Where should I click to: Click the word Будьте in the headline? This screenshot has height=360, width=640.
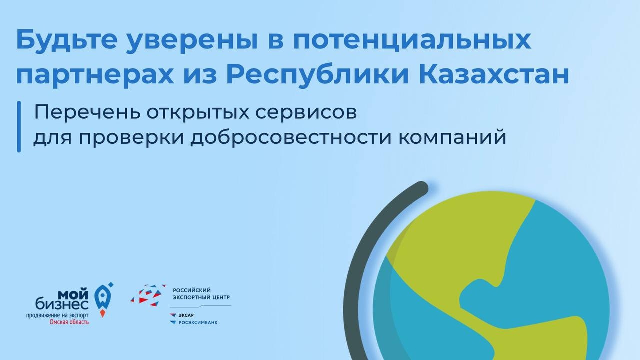tap(67, 39)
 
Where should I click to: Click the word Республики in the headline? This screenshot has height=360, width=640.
tap(317, 75)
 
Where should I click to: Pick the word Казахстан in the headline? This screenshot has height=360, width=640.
tap(494, 74)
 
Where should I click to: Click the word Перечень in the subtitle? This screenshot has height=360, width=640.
tap(87, 113)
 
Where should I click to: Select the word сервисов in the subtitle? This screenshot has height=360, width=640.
tap(306, 113)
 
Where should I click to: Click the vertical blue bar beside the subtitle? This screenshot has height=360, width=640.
tap(19, 127)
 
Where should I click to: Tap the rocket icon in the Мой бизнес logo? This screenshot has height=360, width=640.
tap(103, 300)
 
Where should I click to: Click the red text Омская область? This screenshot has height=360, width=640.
tap(69, 322)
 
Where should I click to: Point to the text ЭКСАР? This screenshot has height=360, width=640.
tap(186, 315)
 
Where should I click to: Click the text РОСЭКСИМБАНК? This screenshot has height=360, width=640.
tap(198, 323)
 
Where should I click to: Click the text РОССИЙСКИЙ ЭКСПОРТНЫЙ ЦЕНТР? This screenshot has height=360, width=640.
tap(201, 294)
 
